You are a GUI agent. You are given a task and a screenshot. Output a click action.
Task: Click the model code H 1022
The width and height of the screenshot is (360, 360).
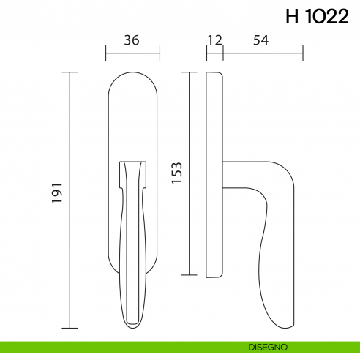tap(317, 18)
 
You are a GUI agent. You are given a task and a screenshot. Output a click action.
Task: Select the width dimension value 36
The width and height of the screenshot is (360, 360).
tap(132, 40)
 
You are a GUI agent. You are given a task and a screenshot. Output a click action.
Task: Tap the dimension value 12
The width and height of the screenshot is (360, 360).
tap(214, 40)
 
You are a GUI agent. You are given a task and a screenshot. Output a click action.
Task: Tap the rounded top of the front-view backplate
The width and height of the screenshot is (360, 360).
tap(132, 78)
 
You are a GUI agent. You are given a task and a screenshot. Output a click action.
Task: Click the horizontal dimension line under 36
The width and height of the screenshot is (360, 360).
tap(132, 53)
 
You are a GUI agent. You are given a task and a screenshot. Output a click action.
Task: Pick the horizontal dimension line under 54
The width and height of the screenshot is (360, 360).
tap(262, 53)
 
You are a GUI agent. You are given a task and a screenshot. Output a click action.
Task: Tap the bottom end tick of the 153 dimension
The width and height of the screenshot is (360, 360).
tap(190, 275)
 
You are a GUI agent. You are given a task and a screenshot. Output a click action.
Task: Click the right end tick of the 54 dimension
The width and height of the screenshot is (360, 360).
tap(302, 53)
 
